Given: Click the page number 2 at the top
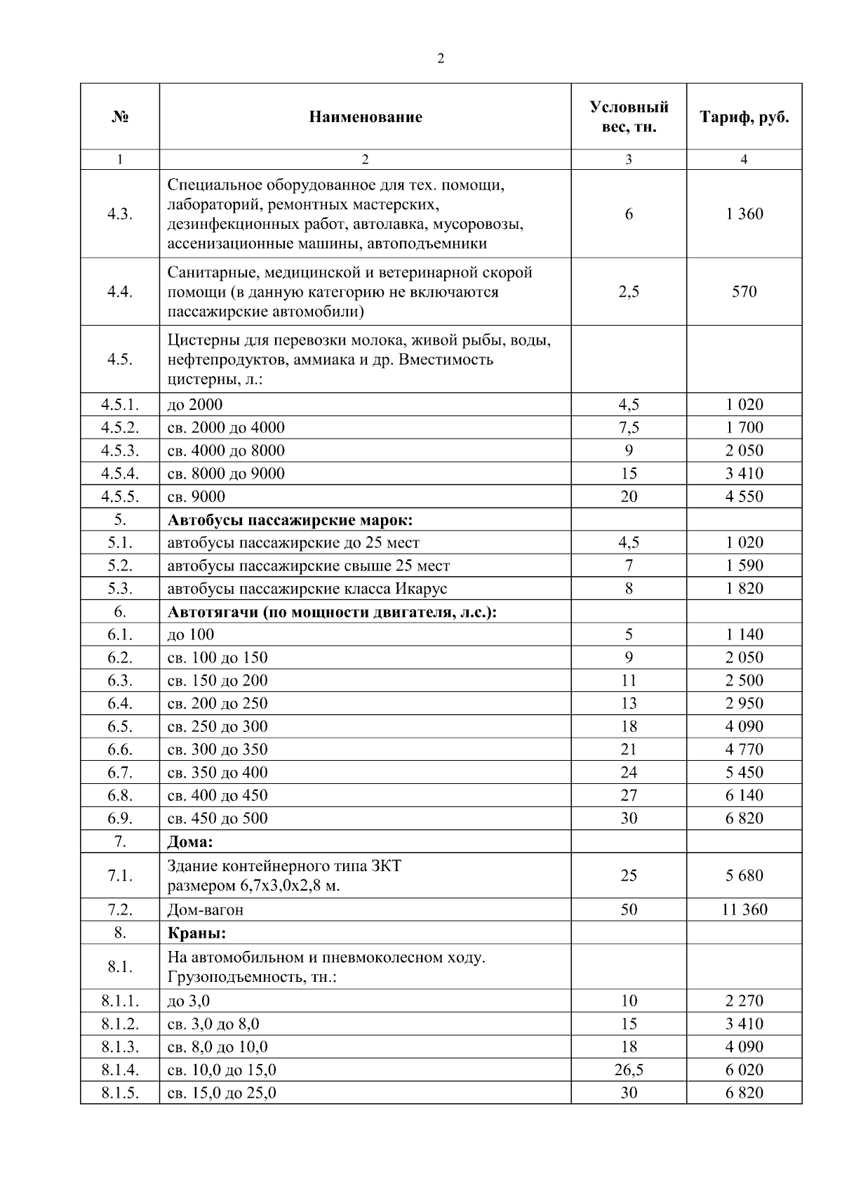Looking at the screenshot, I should click(x=440, y=59).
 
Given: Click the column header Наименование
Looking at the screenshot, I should click(x=365, y=117).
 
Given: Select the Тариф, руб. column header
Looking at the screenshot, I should click(x=744, y=117).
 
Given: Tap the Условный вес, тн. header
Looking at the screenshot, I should click(x=629, y=117).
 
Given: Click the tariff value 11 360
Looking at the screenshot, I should click(x=744, y=910).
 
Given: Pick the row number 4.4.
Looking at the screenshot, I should click(x=120, y=292).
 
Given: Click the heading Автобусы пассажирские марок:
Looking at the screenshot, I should click(x=290, y=520).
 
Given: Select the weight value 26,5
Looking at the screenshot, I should click(x=629, y=1070).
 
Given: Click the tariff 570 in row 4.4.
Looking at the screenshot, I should click(x=744, y=292).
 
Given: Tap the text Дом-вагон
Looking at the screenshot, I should click(x=206, y=910).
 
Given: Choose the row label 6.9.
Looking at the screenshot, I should click(x=120, y=818).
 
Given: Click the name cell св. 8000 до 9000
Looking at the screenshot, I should click(x=226, y=474).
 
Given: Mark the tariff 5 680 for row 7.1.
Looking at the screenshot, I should click(x=744, y=875).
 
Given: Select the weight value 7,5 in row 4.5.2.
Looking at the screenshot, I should click(x=629, y=427).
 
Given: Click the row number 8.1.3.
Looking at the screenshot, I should click(x=120, y=1047).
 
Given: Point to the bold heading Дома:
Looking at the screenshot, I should click(x=189, y=841).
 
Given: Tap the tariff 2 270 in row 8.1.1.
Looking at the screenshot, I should click(x=744, y=1001).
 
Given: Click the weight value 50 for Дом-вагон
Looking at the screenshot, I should click(x=629, y=910).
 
